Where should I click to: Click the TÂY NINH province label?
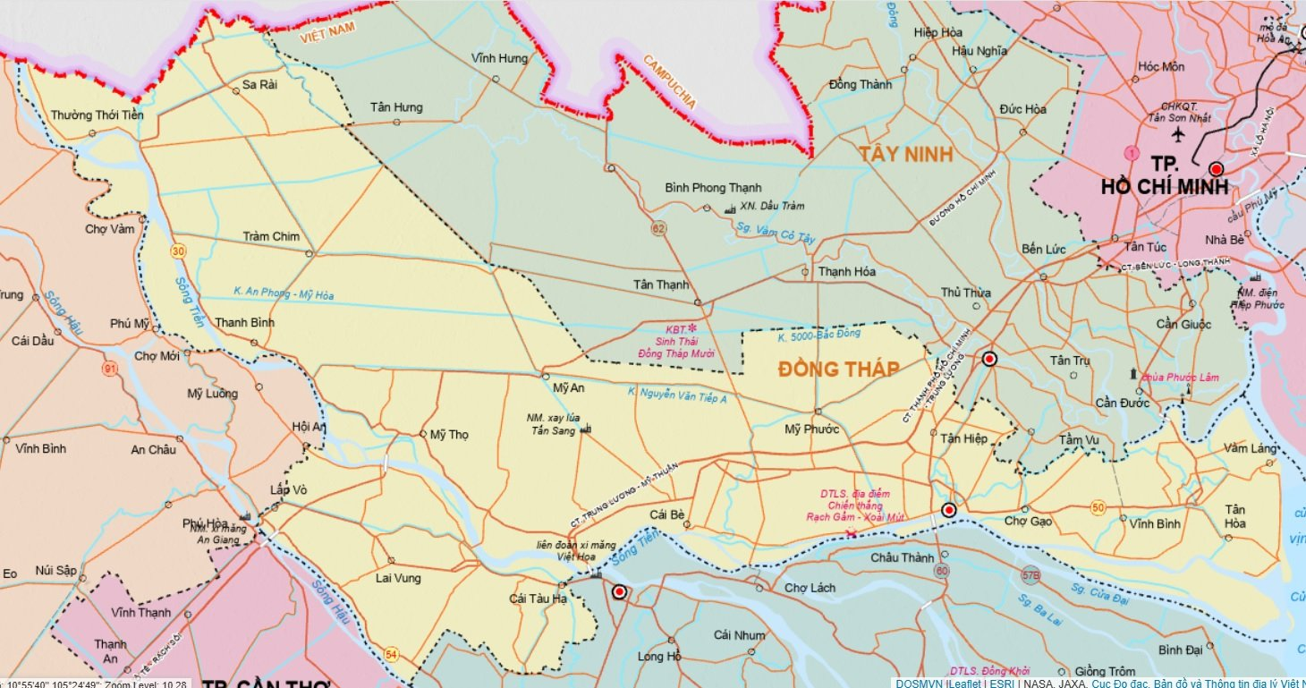(x=905, y=154)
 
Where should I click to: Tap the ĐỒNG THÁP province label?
(x=837, y=369)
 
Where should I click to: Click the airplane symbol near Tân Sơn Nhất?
(x=1177, y=134)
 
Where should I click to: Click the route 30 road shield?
(x=179, y=251)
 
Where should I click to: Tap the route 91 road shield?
(x=110, y=369)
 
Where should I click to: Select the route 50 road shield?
(x=1098, y=508)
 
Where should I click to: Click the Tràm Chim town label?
(x=271, y=236)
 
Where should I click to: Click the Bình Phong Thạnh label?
(x=713, y=188)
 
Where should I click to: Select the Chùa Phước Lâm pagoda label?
(x=1179, y=377)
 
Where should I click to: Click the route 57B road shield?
(x=1031, y=575)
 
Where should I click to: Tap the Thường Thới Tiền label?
(x=96, y=115)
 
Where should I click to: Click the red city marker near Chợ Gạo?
(x=949, y=510)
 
